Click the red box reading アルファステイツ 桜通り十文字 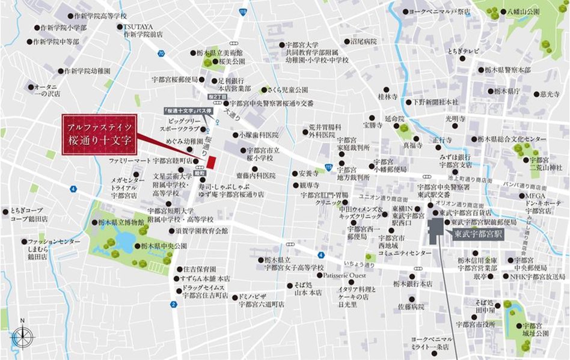point(99,133)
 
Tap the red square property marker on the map point(211,162)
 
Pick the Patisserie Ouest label point(344,275)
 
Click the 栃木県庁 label point(506,91)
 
